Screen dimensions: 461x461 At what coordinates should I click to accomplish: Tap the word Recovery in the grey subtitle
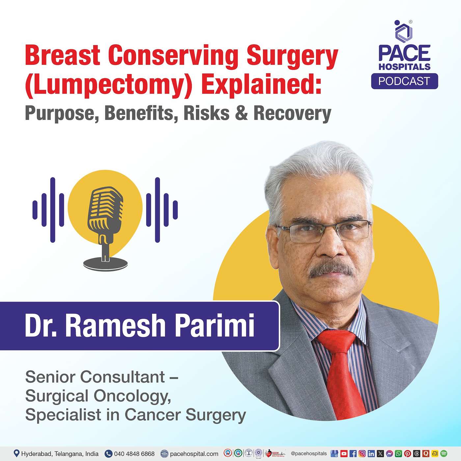click(292, 113)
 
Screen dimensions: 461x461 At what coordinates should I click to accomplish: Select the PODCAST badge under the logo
click(404, 81)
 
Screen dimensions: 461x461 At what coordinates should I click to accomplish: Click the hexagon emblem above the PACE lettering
click(404, 31)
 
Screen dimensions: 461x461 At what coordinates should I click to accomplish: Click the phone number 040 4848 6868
click(134, 453)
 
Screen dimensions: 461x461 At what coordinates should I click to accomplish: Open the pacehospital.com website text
click(194, 454)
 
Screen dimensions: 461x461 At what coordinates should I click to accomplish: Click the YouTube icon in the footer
click(344, 453)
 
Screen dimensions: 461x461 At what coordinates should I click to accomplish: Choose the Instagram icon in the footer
click(362, 453)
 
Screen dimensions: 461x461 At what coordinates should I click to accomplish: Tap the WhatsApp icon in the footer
click(398, 453)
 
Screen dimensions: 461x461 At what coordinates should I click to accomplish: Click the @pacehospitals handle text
click(309, 453)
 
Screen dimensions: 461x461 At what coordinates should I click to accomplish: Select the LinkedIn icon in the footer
click(371, 453)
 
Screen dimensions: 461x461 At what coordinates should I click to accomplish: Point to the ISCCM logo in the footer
click(275, 453)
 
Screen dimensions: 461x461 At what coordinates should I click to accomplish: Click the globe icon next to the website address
click(164, 453)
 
